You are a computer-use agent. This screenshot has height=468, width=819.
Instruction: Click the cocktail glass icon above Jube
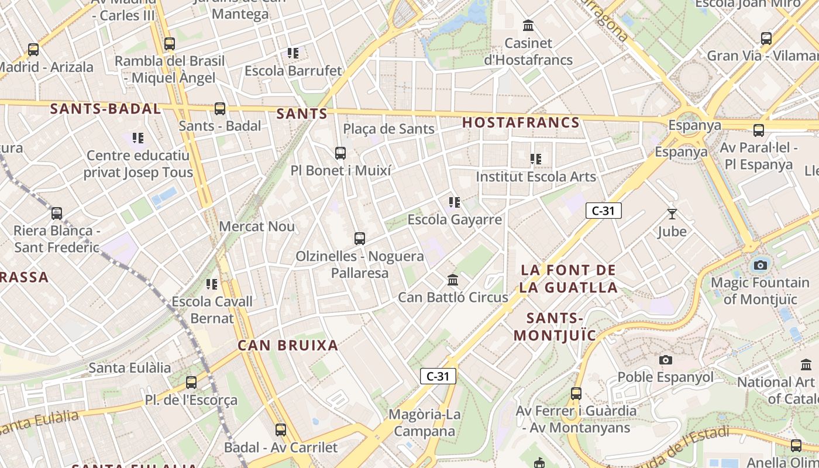(672, 214)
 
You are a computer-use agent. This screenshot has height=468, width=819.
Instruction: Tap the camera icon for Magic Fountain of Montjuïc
(760, 265)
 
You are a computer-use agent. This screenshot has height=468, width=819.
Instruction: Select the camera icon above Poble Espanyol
(665, 360)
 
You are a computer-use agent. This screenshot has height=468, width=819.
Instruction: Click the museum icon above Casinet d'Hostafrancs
(528, 26)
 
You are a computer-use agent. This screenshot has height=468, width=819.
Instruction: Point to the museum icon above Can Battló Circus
(452, 280)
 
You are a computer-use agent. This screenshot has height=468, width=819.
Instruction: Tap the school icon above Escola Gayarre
(454, 202)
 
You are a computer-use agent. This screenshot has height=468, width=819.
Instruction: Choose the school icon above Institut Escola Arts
(535, 159)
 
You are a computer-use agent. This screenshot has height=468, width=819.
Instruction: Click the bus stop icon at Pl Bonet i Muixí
(340, 153)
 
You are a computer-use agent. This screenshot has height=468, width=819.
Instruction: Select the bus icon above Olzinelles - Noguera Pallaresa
(359, 239)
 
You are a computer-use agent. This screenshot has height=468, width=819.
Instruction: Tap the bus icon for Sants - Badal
(219, 108)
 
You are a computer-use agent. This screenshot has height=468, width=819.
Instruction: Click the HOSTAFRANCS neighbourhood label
(521, 123)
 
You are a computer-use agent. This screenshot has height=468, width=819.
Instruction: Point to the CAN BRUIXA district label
(288, 345)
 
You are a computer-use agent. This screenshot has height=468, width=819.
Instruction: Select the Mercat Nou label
(257, 226)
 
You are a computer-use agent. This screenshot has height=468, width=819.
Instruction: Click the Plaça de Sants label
(388, 129)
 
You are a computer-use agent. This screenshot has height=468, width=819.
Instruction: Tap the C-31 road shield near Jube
(603, 211)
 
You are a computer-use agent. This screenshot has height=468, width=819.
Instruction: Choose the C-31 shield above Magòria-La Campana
(438, 376)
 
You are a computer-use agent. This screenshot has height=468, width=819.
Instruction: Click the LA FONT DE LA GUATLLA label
(569, 278)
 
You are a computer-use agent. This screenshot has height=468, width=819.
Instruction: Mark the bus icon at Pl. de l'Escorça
(191, 383)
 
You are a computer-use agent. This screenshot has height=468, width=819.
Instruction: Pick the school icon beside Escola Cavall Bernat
(211, 284)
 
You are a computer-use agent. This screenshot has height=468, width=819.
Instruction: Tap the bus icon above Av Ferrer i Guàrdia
(576, 393)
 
